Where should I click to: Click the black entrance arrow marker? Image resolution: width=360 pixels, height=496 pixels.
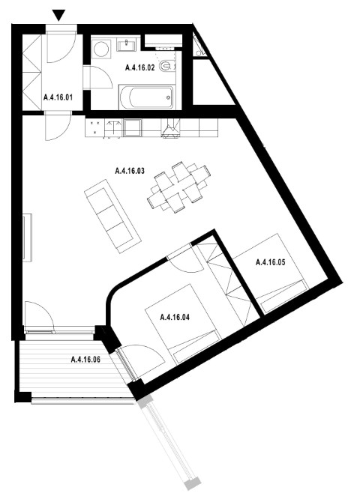click(59, 15)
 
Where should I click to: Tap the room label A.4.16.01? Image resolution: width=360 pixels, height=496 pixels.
click(58, 97)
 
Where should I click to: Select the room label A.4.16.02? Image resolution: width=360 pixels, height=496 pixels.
click(140, 67)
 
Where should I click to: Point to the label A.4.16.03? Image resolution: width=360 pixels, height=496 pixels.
click(130, 171)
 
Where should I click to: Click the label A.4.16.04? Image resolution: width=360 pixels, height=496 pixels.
click(175, 317)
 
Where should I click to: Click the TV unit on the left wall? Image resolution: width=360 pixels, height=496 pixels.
click(27, 238)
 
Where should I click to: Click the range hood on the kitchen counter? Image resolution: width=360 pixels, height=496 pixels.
click(171, 128)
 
